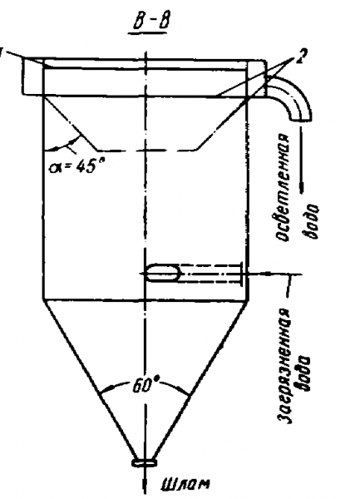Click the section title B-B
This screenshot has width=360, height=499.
click(x=149, y=22)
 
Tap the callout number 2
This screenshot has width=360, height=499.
click(x=301, y=56)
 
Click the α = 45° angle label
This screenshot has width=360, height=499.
click(x=76, y=166)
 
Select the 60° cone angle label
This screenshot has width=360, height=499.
click(x=145, y=385)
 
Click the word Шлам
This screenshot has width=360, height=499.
click(x=185, y=484)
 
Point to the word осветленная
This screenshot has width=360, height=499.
click(x=282, y=187)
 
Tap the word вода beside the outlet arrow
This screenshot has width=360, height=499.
click(x=311, y=221)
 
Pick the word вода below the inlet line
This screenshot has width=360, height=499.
click(x=303, y=373)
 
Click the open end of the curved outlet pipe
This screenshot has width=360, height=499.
click(x=300, y=118)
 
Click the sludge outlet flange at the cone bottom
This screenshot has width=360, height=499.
click(x=145, y=462)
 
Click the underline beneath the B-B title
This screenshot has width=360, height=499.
click(x=147, y=34)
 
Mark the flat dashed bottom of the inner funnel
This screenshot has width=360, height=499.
click(x=147, y=149)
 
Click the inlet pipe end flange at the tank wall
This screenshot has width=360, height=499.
click(x=242, y=272)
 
